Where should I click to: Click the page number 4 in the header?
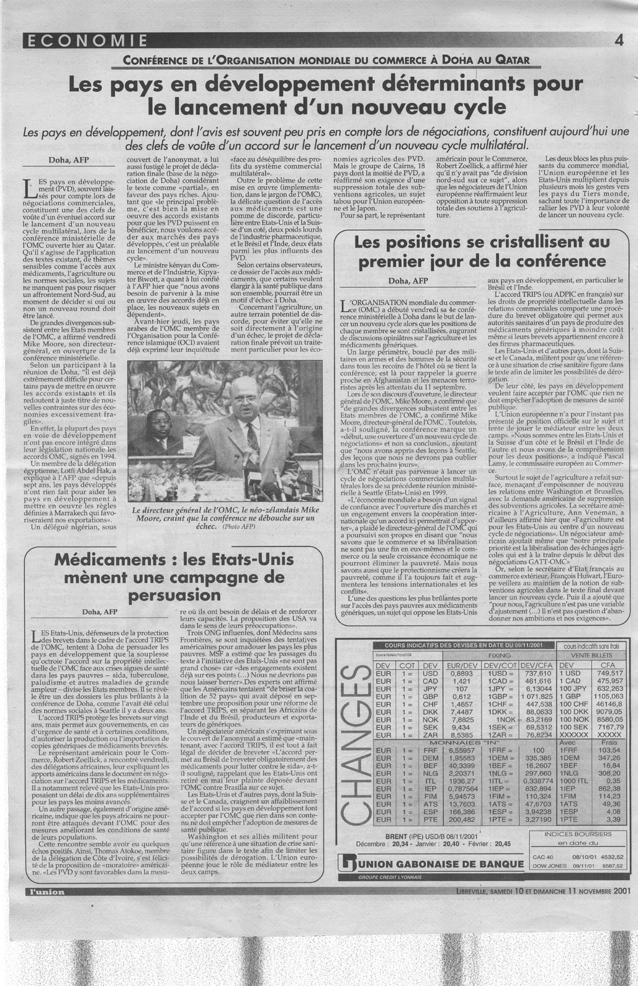pyautogui.click(x=617, y=41)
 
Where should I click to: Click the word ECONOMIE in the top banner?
pyautogui.click(x=86, y=41)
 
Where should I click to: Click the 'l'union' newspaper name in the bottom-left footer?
pyautogui.click(x=43, y=892)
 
